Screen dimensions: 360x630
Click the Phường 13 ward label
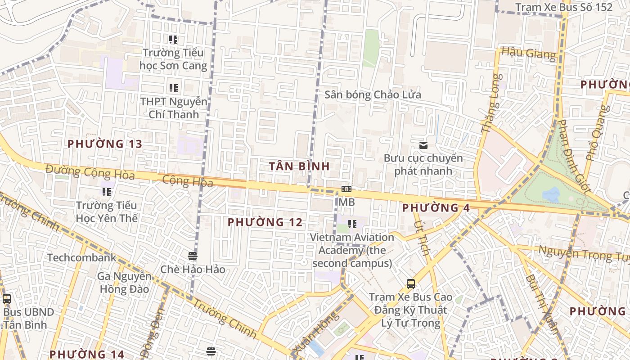pos(104,144)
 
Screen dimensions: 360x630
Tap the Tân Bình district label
pos(299,166)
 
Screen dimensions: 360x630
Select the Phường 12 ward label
pos(265,222)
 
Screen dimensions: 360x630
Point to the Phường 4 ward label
pos(436,208)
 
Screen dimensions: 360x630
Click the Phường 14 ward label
pos(86,354)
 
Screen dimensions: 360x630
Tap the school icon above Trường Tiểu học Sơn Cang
pos(173,40)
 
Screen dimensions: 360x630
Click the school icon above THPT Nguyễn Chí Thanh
pos(173,88)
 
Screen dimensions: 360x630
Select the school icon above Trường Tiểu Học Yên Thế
pos(107,192)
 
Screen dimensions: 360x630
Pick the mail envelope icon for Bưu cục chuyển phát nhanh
pos(423,145)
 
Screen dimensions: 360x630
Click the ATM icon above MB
pos(346,189)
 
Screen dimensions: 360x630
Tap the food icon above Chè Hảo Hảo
pos(193,256)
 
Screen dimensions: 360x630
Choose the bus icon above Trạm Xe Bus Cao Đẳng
pos(410,284)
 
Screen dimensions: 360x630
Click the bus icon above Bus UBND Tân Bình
pos(6,298)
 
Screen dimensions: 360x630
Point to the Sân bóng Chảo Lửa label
pos(373,94)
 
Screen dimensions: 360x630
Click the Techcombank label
pos(81,258)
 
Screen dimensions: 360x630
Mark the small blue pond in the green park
pos(551,194)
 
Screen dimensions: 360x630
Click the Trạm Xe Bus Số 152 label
pos(563,7)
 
